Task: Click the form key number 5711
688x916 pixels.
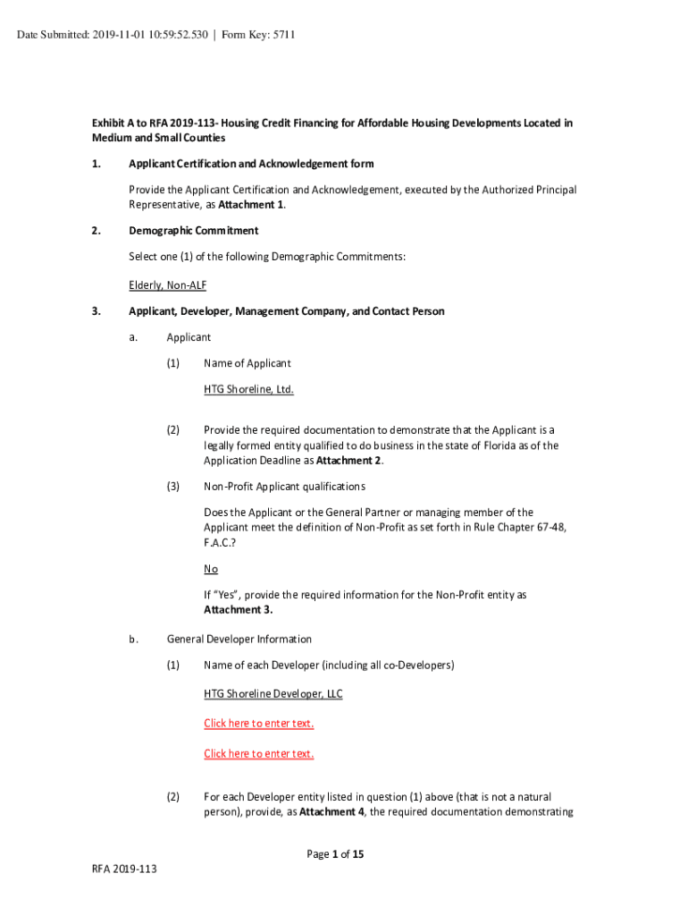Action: (x=281, y=35)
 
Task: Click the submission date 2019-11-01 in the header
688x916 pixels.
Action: (x=111, y=35)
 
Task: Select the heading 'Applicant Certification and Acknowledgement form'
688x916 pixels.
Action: (x=251, y=164)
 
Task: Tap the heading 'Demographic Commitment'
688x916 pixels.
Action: (x=193, y=231)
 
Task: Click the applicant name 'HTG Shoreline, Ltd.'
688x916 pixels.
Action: (x=248, y=389)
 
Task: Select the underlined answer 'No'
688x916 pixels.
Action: (x=211, y=569)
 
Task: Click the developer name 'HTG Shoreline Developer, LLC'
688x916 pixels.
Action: (x=273, y=693)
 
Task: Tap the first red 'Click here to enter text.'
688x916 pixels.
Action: (x=258, y=723)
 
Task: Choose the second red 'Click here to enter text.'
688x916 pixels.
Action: (x=258, y=753)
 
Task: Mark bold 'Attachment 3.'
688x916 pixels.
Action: (x=238, y=609)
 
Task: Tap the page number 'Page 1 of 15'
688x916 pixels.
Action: (x=335, y=854)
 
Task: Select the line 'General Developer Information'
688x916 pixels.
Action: (x=239, y=639)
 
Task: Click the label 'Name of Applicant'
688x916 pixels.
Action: (x=247, y=363)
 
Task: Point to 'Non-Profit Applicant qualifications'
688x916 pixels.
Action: (x=284, y=486)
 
